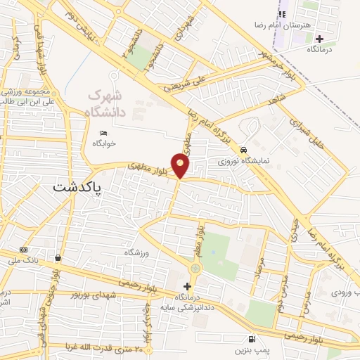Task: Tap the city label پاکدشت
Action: (77, 188)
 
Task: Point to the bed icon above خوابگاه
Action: (104, 133)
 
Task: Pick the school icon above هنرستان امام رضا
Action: (282, 14)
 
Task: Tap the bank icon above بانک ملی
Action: (24, 250)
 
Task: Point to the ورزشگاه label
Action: (138, 252)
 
